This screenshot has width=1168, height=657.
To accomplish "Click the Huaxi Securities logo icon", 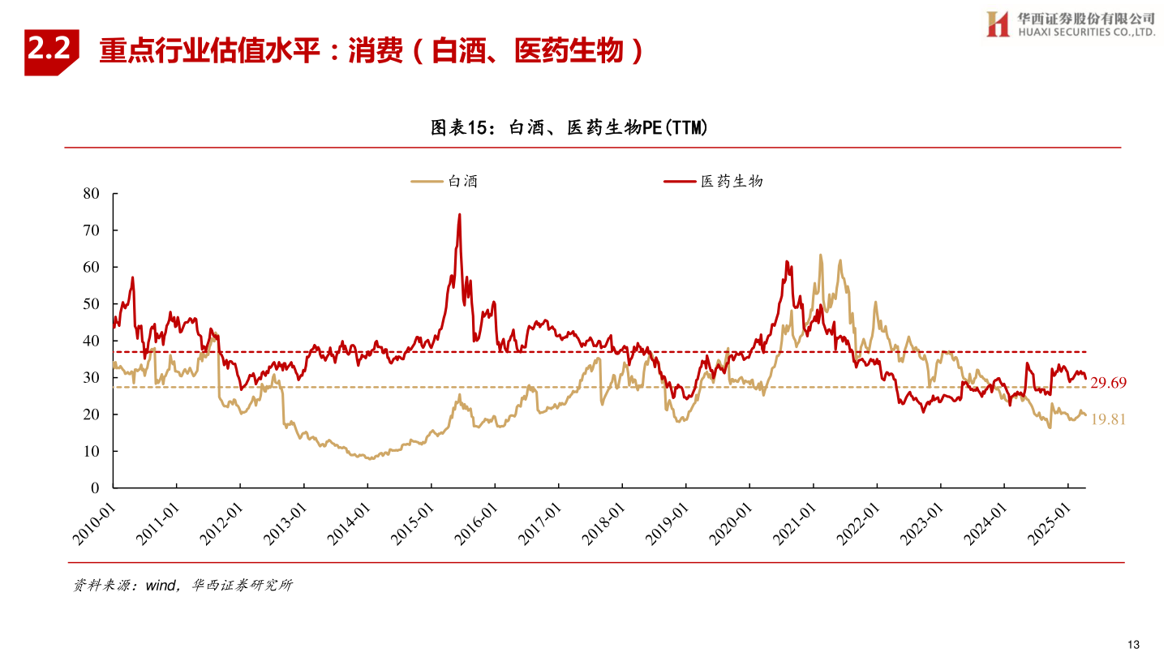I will [x=997, y=24].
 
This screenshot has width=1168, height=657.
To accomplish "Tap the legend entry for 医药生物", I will [x=714, y=182].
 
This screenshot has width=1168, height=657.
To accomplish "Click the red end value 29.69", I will [x=1108, y=383].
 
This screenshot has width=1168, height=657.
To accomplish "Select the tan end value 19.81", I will [x=1108, y=419].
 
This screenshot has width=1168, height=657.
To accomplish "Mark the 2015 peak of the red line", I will [x=459, y=215].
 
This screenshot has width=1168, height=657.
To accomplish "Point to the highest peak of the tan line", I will [x=820, y=255].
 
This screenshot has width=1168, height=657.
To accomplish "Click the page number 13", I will [x=1134, y=644].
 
